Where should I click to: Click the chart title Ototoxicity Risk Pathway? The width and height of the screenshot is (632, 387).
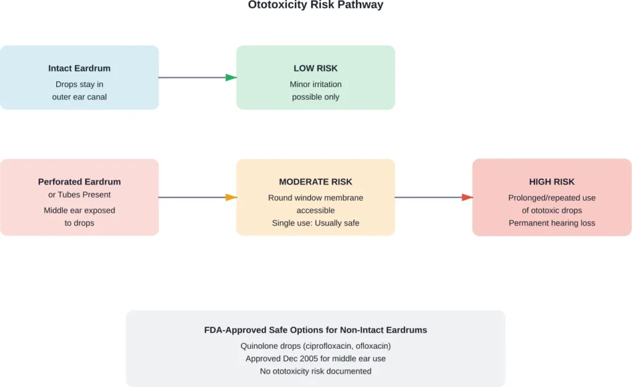(x=315, y=6)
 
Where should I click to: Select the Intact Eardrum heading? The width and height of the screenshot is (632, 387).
(x=79, y=69)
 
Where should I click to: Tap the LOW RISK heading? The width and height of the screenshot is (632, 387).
(x=315, y=69)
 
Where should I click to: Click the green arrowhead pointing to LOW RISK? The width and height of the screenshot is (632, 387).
(x=231, y=78)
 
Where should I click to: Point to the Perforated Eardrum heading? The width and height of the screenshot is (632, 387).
(x=79, y=182)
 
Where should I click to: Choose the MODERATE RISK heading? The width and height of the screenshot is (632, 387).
(x=315, y=182)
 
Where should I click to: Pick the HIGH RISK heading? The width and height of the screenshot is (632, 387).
(x=552, y=182)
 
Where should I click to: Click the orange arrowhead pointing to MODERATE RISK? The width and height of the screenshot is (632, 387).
(x=231, y=198)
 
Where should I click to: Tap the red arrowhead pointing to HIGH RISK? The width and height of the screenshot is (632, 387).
(x=467, y=198)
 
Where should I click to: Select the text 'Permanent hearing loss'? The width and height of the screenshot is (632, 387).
(x=552, y=223)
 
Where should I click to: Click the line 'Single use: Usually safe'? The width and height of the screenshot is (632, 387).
(x=315, y=223)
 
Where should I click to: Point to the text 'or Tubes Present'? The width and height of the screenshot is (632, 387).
(x=79, y=195)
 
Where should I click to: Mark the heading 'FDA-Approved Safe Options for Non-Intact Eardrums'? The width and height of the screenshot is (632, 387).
(x=315, y=330)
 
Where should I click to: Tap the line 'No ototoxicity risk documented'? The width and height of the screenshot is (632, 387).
(x=315, y=371)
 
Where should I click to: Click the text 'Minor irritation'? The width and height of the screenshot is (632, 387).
(x=315, y=85)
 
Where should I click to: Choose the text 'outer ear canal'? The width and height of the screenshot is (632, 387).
(x=79, y=97)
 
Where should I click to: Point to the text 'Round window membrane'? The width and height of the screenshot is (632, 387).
(x=315, y=198)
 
